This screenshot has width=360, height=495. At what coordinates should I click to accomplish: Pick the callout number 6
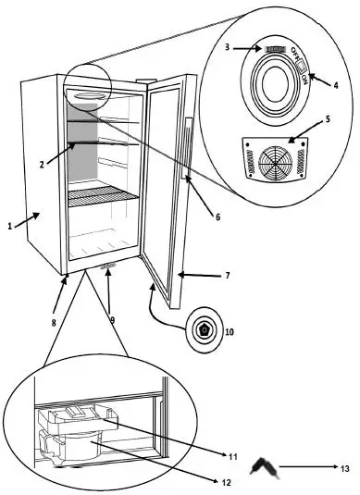[217, 217]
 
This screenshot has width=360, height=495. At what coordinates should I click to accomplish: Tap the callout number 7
[229, 275]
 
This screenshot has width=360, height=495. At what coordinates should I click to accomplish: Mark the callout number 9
[112, 321]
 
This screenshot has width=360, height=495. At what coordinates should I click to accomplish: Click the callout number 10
[230, 330]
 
